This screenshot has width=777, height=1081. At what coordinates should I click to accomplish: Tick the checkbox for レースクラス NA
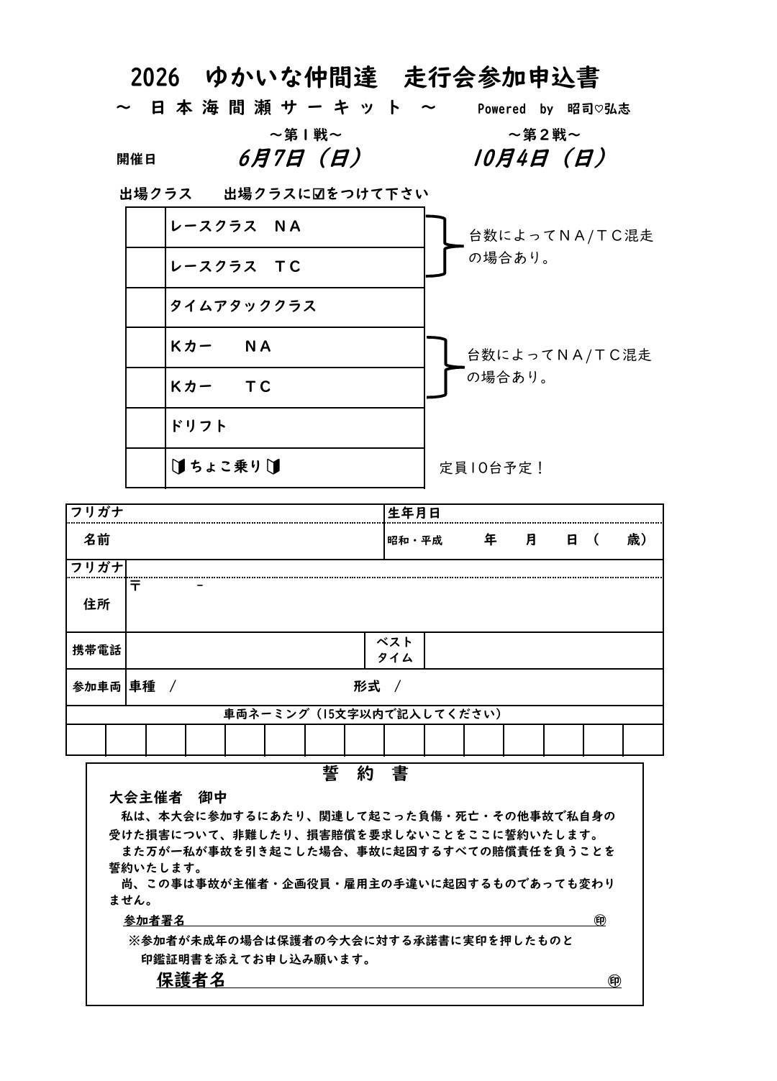145,227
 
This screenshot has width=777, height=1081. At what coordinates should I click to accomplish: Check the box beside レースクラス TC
145,268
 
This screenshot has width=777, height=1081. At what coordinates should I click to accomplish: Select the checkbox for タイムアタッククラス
145,307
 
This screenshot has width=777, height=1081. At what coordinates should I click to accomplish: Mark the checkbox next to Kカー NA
145,347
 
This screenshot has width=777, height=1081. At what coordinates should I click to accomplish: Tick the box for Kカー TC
145,388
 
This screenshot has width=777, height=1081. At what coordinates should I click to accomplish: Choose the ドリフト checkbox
145,427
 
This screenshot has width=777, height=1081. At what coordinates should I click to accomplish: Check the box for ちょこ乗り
145,467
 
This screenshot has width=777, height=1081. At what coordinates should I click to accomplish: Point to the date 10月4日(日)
539,158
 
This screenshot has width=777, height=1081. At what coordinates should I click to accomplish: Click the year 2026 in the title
155,77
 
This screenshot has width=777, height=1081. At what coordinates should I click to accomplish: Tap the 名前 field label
97,539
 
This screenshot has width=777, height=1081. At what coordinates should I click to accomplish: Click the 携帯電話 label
96,650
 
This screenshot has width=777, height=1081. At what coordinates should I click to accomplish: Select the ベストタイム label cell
395,650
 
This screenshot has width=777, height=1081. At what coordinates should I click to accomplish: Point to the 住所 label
96,604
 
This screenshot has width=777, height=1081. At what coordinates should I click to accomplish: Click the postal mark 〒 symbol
136,585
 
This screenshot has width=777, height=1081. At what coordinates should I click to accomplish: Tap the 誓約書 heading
365,774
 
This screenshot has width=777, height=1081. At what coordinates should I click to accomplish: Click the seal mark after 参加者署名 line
600,920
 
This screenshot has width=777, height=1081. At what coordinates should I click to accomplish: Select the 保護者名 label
191,980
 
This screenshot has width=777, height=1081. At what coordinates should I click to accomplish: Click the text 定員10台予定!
493,468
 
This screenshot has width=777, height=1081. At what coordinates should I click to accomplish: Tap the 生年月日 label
414,513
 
